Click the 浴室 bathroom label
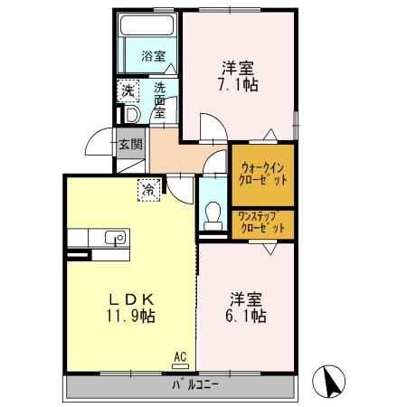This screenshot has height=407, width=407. click(x=153, y=56)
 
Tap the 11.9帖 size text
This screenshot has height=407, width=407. click(x=132, y=317)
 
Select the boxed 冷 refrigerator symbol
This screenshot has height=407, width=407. click(x=147, y=189)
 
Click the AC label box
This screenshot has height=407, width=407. click(x=179, y=357)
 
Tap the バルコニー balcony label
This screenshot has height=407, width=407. click(x=197, y=385)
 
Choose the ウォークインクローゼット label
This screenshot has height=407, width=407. click(x=262, y=174)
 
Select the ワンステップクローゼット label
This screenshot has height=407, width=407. click(x=261, y=222)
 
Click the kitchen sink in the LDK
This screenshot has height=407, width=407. click(x=114, y=238)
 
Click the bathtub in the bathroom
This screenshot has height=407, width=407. click(x=148, y=27)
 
